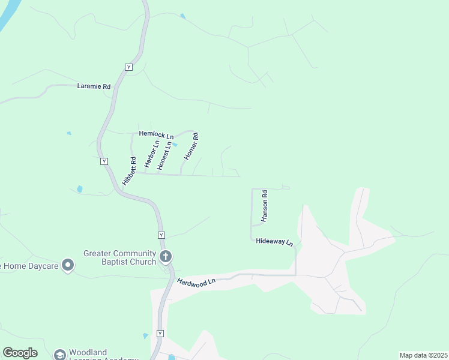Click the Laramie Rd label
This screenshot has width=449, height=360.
coord(94,86)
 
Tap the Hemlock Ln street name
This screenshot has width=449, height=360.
coord(156,135)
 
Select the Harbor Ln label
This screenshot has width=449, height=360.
coord(150,154)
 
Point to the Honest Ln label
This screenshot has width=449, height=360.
coord(164,155)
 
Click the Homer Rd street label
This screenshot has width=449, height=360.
coord(191,146)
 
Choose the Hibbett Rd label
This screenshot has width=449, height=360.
coord(129,171)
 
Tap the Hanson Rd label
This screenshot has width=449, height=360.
coord(264,207)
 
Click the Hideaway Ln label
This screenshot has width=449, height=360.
coord(274,242)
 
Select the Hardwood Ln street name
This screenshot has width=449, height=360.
coord(196,281)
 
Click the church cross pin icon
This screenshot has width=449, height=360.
coord(166,257)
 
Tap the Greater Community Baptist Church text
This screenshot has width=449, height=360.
coord(120,257)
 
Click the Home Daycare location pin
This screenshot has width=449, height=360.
coord(68,264)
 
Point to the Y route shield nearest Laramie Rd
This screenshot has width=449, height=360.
coord(128,67)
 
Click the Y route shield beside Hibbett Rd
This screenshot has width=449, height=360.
coord(104,161)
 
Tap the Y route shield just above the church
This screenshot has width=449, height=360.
coord(161,235)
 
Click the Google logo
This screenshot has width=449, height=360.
coord(20,353)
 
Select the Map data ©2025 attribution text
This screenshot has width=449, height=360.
coord(423,355)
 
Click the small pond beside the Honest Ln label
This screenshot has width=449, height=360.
coord(175,145)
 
